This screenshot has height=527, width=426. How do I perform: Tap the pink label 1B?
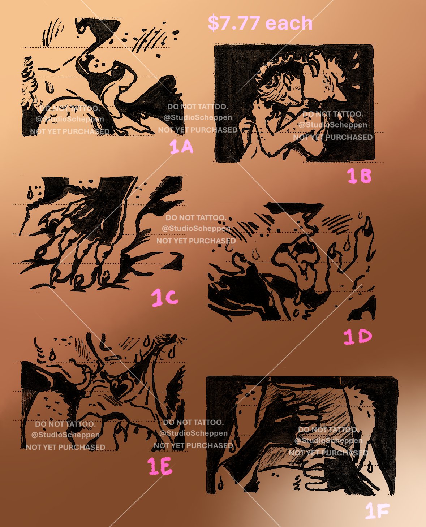click(359, 176)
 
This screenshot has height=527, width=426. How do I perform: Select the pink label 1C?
click(165, 298)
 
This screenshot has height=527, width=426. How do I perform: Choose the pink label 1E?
click(160, 466)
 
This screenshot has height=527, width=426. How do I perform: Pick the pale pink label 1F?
click(377, 510)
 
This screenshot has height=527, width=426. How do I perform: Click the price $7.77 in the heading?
click(234, 23)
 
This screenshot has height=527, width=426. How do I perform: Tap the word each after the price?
click(289, 23)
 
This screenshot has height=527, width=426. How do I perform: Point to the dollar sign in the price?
click(213, 23)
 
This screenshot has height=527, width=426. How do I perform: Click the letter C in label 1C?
click(172, 298)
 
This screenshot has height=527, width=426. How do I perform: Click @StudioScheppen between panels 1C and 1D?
click(196, 228)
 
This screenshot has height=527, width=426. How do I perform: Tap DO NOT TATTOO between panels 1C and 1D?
click(196, 218)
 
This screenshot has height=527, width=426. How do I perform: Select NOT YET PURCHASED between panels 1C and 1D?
click(196, 241)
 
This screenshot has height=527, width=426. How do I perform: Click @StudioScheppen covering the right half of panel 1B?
click(333, 125)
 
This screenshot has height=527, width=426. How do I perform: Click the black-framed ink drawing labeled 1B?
click(294, 103)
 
